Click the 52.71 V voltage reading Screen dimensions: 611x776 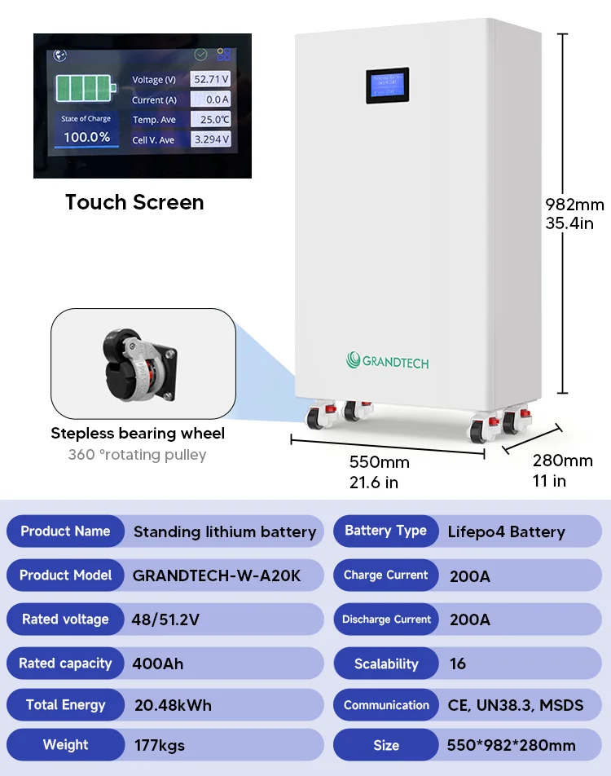tap(211, 79)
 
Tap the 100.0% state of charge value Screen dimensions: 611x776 tap(86, 137)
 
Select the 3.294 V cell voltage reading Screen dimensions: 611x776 tap(211, 139)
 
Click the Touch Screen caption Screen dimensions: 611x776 tap(134, 202)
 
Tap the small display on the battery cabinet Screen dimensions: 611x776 tap(387, 85)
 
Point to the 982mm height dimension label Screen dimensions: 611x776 tap(574, 204)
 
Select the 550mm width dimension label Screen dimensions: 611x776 tap(379, 463)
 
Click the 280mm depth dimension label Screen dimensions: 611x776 tap(562, 461)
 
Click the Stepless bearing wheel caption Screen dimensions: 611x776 tap(138, 433)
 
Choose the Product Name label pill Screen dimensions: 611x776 tap(65, 531)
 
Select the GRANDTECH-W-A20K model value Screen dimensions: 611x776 tap(217, 575)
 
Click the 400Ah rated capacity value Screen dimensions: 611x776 tap(158, 664)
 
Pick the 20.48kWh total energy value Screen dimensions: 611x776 tap(172, 705)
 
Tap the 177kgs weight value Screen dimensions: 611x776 tap(160, 745)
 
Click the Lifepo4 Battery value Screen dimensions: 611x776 tap(506, 532)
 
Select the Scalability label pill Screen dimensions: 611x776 tap(386, 664)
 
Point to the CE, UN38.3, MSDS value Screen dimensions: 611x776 tap(516, 705)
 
